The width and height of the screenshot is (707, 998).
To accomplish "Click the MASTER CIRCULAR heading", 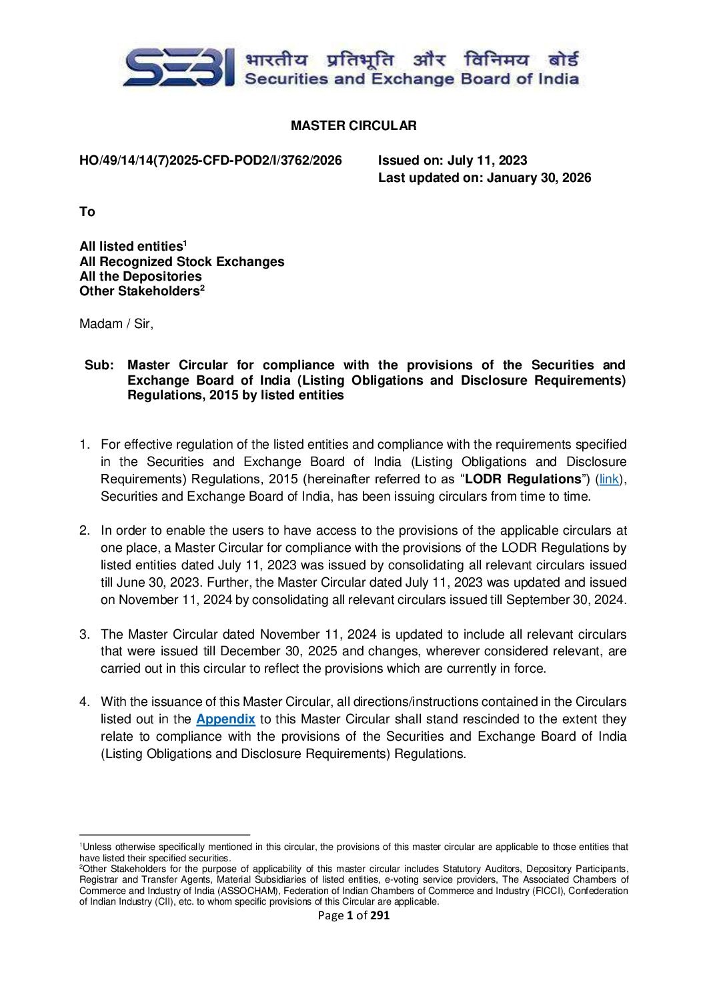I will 353,125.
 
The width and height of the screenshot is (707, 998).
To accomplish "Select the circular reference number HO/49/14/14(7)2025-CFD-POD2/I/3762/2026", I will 211,161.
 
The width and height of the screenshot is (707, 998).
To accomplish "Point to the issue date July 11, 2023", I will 487,161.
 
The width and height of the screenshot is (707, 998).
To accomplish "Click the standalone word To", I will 87,212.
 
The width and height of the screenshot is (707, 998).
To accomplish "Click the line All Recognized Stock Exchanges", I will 181,262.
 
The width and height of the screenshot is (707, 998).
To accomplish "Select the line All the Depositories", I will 140,277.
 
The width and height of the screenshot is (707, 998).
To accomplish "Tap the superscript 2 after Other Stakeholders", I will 202,287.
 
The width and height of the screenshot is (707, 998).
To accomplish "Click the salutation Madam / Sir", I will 116,324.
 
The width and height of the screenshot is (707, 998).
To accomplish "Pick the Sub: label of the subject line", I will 99,365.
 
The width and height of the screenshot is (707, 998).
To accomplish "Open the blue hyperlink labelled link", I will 609,479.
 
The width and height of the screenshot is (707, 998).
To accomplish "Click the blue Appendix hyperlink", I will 225,719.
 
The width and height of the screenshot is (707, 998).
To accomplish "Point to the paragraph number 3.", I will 84,634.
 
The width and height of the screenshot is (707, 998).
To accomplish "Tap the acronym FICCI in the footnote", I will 548,891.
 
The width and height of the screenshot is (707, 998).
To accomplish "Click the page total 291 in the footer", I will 380,915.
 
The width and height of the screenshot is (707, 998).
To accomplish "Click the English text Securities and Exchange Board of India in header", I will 412,79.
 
